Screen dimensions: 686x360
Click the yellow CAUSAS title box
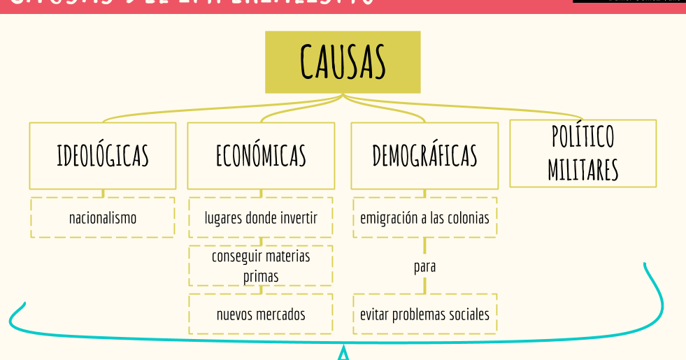click(343, 62)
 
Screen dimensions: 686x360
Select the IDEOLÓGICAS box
click(103, 155)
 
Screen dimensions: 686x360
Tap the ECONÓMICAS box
click(261, 155)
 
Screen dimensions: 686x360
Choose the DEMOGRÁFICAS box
click(424, 155)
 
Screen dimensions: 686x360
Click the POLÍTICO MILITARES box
click(583, 153)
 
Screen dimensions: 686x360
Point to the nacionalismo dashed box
click(103, 217)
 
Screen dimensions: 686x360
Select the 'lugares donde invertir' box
click(261, 217)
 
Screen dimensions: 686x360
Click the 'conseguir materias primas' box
click(261, 266)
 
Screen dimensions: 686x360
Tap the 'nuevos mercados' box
click(261, 314)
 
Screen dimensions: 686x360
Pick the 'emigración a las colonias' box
click(424, 217)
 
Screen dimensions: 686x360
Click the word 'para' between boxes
click(424, 266)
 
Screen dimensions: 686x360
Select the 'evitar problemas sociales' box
click(424, 314)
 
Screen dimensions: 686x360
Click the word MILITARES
click(583, 170)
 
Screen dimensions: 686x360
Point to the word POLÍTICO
click(583, 137)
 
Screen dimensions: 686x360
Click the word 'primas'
click(261, 276)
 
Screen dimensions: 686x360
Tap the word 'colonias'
click(469, 217)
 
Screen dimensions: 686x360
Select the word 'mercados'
click(280, 314)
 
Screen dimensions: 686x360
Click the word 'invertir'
click(299, 217)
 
